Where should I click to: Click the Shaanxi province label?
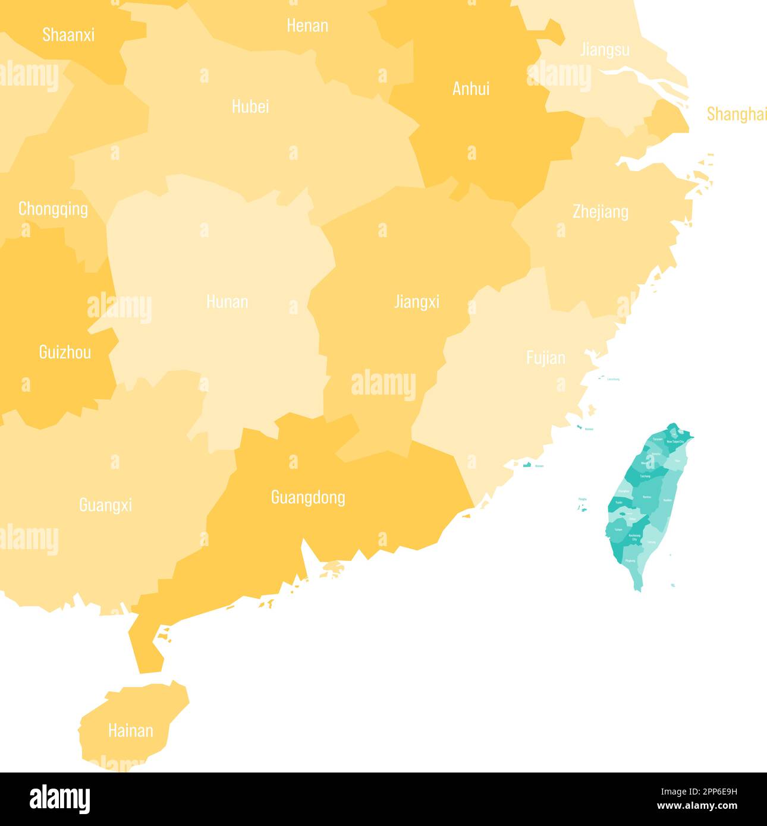click(x=68, y=34)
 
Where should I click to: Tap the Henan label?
click(x=307, y=26)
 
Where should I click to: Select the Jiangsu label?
click(x=605, y=49)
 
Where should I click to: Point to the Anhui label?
click(x=471, y=89)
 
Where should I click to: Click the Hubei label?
click(x=250, y=106)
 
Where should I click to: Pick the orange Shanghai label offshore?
click(x=736, y=114)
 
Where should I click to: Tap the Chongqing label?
click(x=53, y=209)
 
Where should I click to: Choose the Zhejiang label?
click(x=601, y=212)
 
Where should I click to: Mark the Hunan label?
click(x=227, y=301)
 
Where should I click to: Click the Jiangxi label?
click(x=417, y=301)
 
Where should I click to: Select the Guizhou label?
click(x=65, y=352)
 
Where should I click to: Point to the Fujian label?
click(x=546, y=357)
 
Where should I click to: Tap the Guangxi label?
click(x=105, y=505)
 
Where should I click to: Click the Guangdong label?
click(x=308, y=497)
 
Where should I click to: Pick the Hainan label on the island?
click(x=130, y=730)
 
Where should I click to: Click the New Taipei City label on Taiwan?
click(x=675, y=442)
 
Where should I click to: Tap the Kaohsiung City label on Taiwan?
click(x=634, y=537)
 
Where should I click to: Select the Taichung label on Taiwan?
click(x=645, y=477)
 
